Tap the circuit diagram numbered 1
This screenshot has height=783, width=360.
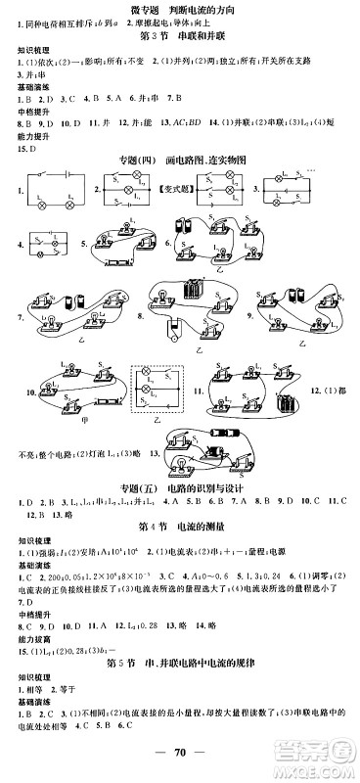[50, 196]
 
